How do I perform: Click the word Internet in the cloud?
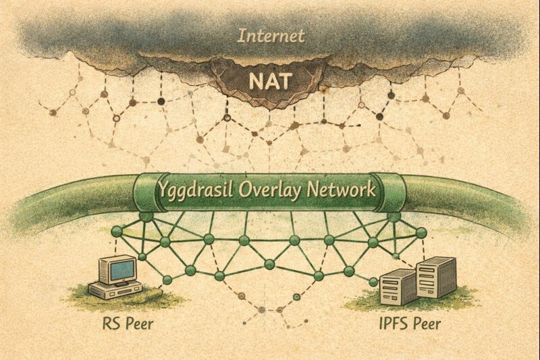click(270, 35)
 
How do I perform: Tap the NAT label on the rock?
click(270, 81)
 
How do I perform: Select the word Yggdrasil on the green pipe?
click(192, 189)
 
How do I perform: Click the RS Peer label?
click(123, 323)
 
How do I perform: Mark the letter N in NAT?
click(254, 81)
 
